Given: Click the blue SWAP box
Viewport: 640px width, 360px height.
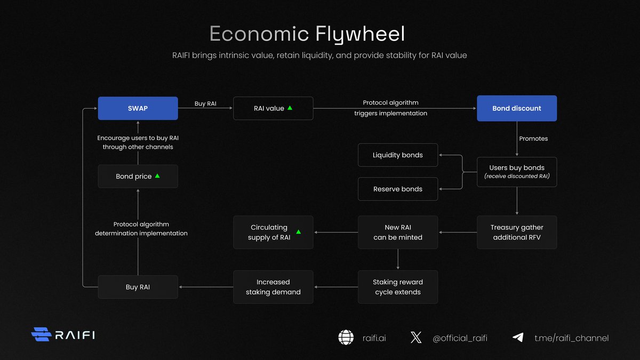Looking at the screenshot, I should point(138,108).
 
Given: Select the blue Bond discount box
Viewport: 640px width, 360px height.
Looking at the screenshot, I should point(516,108).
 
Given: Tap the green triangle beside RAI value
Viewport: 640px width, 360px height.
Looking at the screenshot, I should point(290,108).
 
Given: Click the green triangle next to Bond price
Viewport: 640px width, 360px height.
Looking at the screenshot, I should point(157,175).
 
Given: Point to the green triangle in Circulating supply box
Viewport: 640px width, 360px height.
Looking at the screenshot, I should point(298,232).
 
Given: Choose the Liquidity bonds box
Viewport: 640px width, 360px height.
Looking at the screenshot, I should point(397,155).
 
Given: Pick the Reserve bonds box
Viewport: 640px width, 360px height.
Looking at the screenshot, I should point(397,189).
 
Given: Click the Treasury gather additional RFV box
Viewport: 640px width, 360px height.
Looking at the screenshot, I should point(516,232).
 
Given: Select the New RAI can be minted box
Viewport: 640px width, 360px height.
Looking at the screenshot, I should point(397,232).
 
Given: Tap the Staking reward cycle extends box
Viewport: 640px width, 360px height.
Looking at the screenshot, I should point(397,287).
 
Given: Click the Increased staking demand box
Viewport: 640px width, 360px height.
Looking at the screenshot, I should point(273,287).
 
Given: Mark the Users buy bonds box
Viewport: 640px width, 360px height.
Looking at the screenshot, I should point(516,172).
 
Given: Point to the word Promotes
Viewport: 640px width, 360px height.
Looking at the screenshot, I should point(533,139).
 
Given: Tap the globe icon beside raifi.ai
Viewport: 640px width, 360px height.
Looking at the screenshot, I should point(346,338).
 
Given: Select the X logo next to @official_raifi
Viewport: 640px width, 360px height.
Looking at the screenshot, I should point(416,338).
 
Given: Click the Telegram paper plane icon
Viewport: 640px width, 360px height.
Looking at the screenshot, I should point(517,338).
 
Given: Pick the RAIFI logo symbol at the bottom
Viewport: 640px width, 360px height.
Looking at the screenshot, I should point(41,334).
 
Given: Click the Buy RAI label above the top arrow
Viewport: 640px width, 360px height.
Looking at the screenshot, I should point(205,103).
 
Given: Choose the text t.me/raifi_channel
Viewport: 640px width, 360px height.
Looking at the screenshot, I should point(571,338).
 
